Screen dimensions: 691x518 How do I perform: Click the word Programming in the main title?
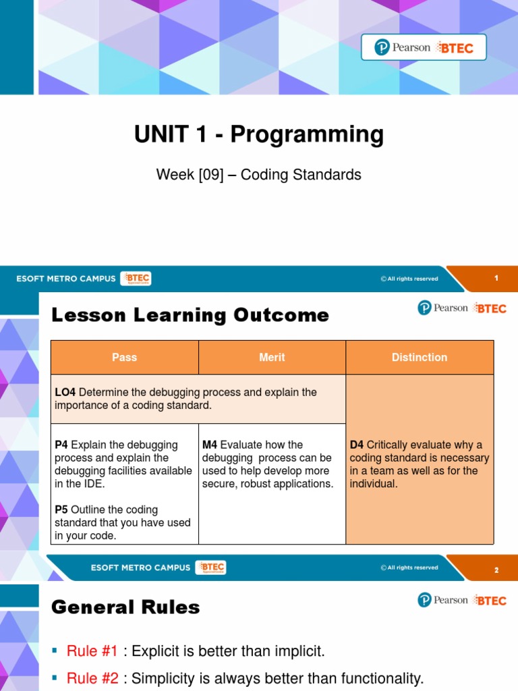[x=307, y=135]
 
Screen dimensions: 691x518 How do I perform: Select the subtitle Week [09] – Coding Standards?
[x=258, y=175]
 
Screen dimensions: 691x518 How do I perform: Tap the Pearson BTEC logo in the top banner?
[x=424, y=48]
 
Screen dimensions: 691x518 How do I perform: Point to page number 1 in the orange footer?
[x=496, y=278]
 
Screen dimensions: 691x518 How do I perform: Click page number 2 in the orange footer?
[x=496, y=570]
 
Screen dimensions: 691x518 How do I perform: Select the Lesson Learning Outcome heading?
[x=190, y=315]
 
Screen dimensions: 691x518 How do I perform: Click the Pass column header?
[x=125, y=358]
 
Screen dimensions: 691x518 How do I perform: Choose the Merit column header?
[x=272, y=358]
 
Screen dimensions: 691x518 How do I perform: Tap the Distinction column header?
[x=420, y=358]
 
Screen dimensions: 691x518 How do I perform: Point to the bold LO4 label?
[x=65, y=392]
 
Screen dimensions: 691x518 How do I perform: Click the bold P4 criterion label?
[x=61, y=445]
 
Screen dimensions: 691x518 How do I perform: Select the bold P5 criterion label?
[x=61, y=509]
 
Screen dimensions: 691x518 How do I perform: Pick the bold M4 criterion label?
[x=210, y=445]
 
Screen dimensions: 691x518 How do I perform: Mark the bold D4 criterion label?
[x=357, y=445]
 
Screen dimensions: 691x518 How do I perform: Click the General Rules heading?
[x=125, y=607]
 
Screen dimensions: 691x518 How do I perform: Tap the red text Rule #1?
[x=92, y=651]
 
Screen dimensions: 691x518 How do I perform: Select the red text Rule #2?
[x=92, y=679]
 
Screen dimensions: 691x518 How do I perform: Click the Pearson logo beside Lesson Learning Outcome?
[x=442, y=308]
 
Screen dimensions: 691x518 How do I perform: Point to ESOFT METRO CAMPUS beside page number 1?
[x=66, y=279]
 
